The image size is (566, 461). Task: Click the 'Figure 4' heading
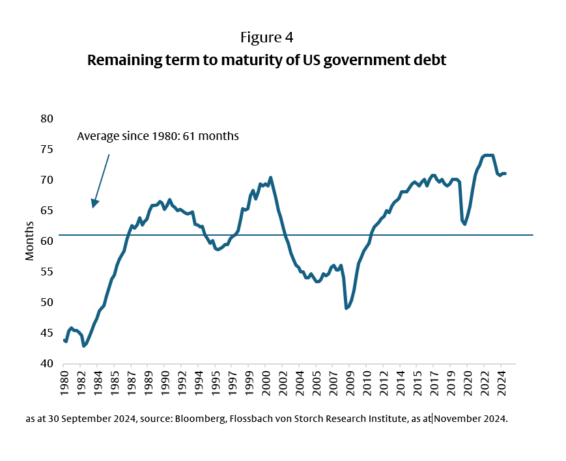266,37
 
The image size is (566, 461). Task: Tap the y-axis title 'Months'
29,241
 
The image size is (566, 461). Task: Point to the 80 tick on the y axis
46,119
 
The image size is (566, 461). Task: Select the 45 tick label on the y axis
46,333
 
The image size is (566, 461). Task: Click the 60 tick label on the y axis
46,241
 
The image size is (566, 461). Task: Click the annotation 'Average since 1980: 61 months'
158,136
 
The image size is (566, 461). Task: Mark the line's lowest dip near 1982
84,346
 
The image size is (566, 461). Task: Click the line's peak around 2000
270,177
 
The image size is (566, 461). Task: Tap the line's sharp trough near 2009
347,308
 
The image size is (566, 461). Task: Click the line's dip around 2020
464,224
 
